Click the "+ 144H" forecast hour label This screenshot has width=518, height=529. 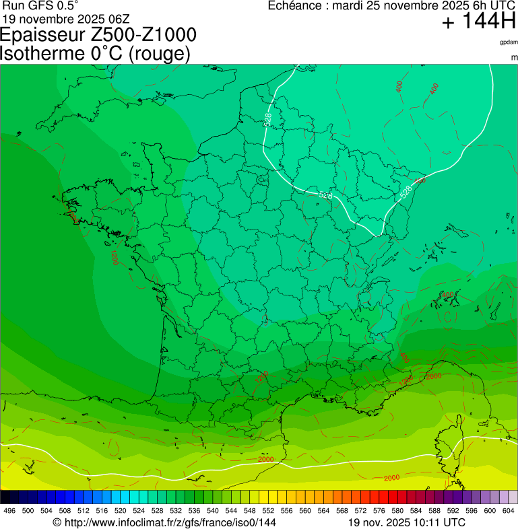(x=478, y=22)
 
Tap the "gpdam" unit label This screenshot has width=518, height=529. (x=508, y=42)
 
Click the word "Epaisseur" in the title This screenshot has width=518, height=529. (x=43, y=35)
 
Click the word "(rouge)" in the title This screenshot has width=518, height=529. (x=159, y=54)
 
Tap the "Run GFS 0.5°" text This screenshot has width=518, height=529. (x=40, y=5)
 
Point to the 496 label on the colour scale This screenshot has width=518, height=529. (x=9, y=512)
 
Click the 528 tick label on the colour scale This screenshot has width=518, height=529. (x=156, y=512)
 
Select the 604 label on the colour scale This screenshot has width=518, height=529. (x=508, y=512)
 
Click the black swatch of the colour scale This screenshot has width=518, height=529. (x=5, y=497)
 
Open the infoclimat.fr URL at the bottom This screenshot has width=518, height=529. (x=164, y=522)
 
